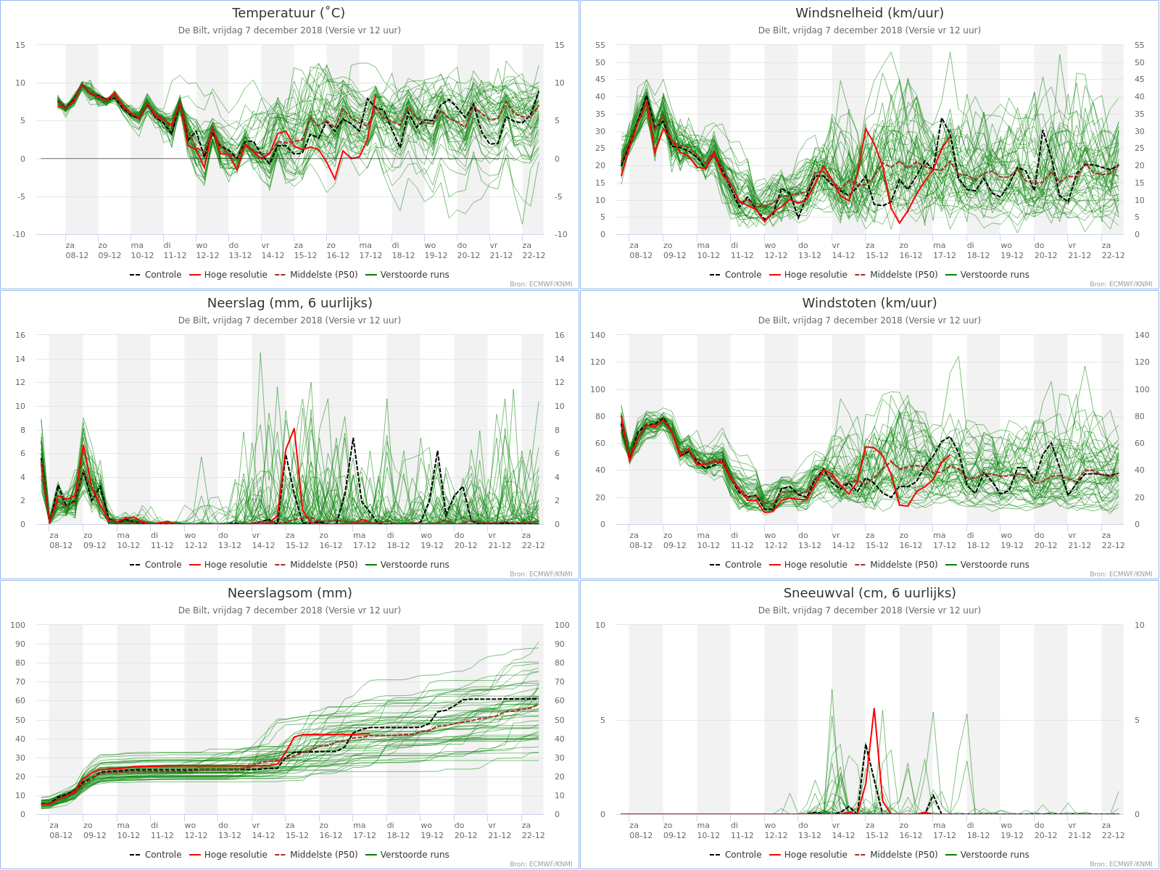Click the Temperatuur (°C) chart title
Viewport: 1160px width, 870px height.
click(289, 12)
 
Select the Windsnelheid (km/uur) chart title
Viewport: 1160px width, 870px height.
click(869, 12)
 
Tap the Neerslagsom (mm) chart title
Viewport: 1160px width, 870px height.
click(289, 592)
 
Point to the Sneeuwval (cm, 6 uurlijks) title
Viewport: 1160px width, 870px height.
click(869, 592)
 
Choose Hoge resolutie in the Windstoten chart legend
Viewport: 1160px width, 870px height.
click(808, 565)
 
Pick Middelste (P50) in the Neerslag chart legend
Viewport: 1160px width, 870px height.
click(316, 565)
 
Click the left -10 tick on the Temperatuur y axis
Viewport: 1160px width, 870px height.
click(19, 234)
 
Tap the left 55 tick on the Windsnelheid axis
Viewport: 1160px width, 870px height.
click(600, 46)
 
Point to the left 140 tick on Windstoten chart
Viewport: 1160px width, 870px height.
click(597, 336)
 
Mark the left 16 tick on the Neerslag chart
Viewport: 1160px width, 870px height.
click(20, 336)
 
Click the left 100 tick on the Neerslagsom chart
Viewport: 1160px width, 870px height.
click(17, 626)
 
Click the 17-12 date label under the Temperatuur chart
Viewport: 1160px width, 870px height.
click(370, 256)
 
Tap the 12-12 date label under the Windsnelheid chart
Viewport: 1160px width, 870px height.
click(776, 256)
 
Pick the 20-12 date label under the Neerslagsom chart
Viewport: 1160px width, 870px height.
click(465, 836)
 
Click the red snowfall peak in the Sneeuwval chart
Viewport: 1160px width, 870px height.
click(874, 710)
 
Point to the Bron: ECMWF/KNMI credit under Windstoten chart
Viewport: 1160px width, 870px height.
click(1121, 574)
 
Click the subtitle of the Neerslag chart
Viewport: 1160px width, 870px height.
click(289, 320)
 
